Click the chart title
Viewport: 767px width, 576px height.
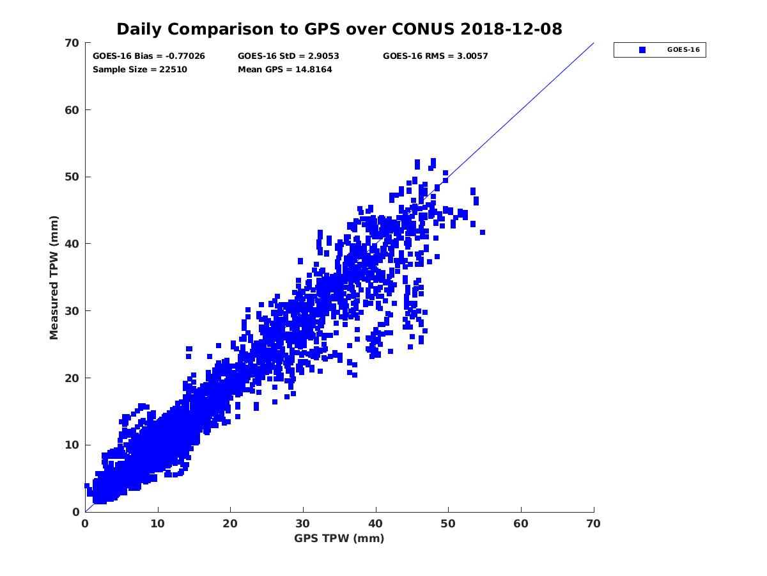click(x=339, y=29)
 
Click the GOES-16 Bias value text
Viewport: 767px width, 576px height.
click(x=149, y=56)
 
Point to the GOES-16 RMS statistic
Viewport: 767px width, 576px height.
click(x=435, y=56)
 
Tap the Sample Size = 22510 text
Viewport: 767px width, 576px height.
click(x=140, y=70)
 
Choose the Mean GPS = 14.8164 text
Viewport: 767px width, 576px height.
click(x=285, y=70)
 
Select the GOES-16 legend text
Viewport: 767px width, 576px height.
click(x=684, y=50)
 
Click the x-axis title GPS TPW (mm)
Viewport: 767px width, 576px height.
click(x=339, y=538)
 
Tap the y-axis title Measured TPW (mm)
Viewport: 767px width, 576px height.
click(x=54, y=277)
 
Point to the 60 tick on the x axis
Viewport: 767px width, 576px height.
click(x=522, y=524)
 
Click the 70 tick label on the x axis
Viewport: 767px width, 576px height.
click(x=594, y=524)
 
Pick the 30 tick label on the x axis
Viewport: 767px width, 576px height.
click(x=303, y=524)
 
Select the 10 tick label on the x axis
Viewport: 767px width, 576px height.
click(x=158, y=524)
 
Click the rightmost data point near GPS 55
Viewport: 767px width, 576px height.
click(x=483, y=232)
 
